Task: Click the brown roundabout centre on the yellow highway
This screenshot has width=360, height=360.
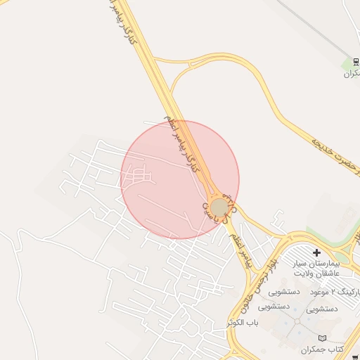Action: [219, 207]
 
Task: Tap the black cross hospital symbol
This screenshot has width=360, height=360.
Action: [316, 252]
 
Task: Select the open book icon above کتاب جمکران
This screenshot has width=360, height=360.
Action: [323, 338]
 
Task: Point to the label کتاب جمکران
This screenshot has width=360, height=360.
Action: [322, 349]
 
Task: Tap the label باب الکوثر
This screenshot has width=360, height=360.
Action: [243, 322]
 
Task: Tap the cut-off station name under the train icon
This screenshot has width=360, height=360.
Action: [352, 74]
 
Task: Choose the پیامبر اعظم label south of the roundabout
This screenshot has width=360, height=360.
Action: [240, 249]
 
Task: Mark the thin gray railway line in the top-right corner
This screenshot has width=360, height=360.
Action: [309, 21]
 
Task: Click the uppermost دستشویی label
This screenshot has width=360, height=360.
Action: [284, 291]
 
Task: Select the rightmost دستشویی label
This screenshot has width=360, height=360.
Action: [322, 309]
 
